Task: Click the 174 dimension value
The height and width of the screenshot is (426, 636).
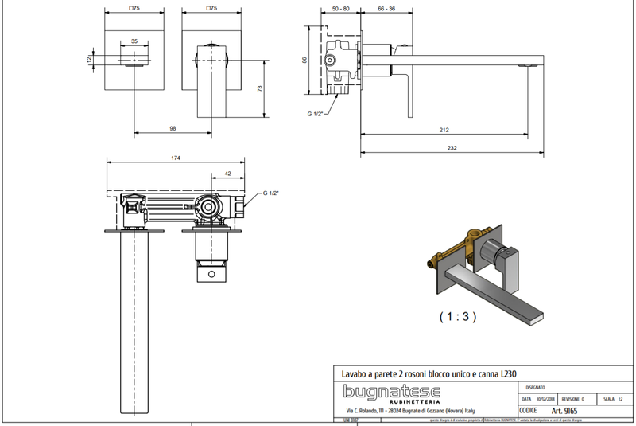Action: pos(176,158)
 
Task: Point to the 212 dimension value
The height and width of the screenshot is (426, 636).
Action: pos(444,130)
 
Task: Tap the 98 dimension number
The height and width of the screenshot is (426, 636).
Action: pos(172,128)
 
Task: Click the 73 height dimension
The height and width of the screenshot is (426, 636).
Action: pos(260,89)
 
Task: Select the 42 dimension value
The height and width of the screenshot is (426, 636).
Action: pos(227,173)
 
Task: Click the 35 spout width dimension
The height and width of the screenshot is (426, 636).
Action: pos(134,41)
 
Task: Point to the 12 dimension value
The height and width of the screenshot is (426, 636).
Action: pos(90,59)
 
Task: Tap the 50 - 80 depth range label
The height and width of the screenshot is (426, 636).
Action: pos(341,8)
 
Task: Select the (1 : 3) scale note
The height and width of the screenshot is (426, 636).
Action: pos(458,316)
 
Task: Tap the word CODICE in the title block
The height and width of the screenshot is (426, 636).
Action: pos(528,410)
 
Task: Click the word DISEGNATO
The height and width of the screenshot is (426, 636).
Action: pos(535,386)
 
